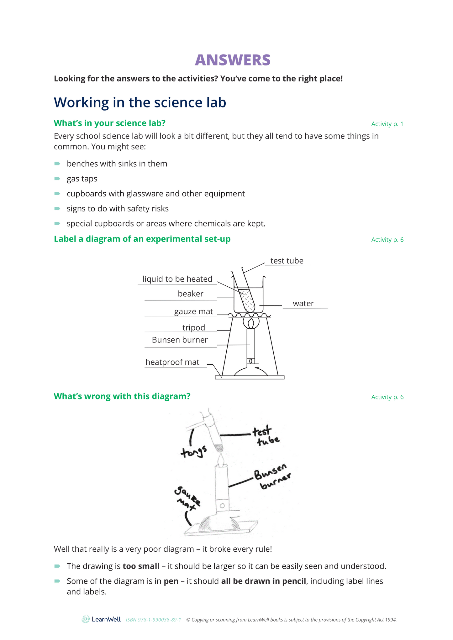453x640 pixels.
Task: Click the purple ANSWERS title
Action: pyautogui.click(x=232, y=60)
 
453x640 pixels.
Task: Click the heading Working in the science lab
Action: pyautogui.click(x=140, y=102)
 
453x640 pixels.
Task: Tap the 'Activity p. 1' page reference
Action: pyautogui.click(x=387, y=124)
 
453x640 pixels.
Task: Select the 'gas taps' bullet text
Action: pyautogui.click(x=82, y=179)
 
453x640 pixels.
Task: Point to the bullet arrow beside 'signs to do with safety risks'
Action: pyautogui.click(x=57, y=208)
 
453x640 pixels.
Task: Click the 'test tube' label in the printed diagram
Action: pyautogui.click(x=287, y=261)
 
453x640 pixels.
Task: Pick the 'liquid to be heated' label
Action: pyautogui.click(x=177, y=279)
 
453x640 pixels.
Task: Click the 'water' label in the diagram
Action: pyautogui.click(x=303, y=304)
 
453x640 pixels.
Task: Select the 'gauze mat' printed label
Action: pyautogui.click(x=193, y=312)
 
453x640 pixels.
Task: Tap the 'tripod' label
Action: pyautogui.click(x=193, y=328)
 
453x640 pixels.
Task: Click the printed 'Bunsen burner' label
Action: pyautogui.click(x=180, y=340)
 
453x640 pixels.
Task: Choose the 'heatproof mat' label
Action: pyautogui.click(x=172, y=362)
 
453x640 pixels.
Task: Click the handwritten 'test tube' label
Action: pyautogui.click(x=266, y=436)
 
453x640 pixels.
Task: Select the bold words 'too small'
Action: pyautogui.click(x=141, y=566)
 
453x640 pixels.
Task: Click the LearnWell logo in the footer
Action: pyautogui.click(x=101, y=619)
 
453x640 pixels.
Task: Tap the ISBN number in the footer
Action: pyautogui.click(x=153, y=620)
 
